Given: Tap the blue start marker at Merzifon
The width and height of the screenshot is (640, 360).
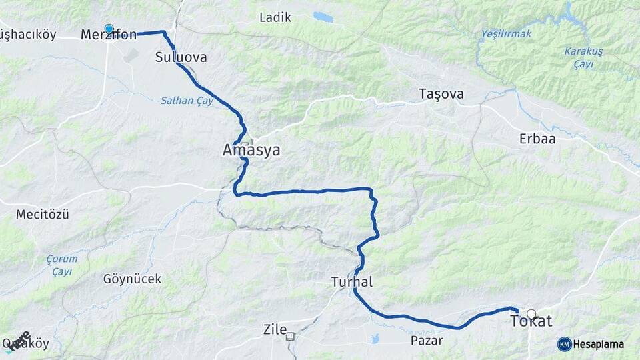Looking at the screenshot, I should [x=109, y=29].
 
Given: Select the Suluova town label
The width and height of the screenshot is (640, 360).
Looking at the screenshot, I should [x=181, y=57].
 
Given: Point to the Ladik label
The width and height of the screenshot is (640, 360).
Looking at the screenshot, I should [x=275, y=17].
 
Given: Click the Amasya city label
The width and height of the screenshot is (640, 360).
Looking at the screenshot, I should [x=251, y=151].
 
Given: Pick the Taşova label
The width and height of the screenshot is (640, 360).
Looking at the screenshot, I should [x=441, y=93].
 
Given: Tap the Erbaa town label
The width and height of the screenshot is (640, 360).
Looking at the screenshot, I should [x=537, y=139].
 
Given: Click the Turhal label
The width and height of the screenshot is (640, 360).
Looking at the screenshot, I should [x=351, y=282].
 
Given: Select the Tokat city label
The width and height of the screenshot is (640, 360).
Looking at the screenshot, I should [x=531, y=321].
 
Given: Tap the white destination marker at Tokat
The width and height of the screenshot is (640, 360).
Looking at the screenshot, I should [x=531, y=313].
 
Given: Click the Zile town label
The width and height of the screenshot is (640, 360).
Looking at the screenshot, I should [x=275, y=329].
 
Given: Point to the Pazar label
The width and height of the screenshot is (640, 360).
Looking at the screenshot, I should [x=427, y=340].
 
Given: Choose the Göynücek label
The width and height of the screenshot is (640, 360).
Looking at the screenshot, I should [x=132, y=279].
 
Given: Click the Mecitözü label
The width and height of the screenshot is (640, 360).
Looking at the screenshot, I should [x=43, y=215].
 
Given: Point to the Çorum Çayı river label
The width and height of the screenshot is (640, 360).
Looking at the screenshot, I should [x=62, y=264].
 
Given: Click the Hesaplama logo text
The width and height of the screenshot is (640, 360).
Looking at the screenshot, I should [x=598, y=344].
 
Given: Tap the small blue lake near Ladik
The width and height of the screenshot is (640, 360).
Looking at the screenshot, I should [x=323, y=16].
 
